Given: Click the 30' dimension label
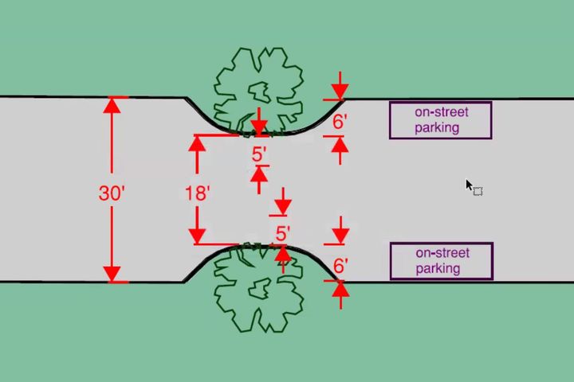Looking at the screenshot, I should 111,193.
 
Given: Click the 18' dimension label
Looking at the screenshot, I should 196,193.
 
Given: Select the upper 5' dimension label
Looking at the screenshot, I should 259,154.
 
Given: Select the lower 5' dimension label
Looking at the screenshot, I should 283,234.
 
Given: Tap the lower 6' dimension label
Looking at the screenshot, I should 340,266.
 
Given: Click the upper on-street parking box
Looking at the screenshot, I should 440,120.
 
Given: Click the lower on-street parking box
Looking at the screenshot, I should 441,261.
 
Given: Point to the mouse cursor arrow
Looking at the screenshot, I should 470,185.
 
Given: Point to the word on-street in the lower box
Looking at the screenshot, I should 441,253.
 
